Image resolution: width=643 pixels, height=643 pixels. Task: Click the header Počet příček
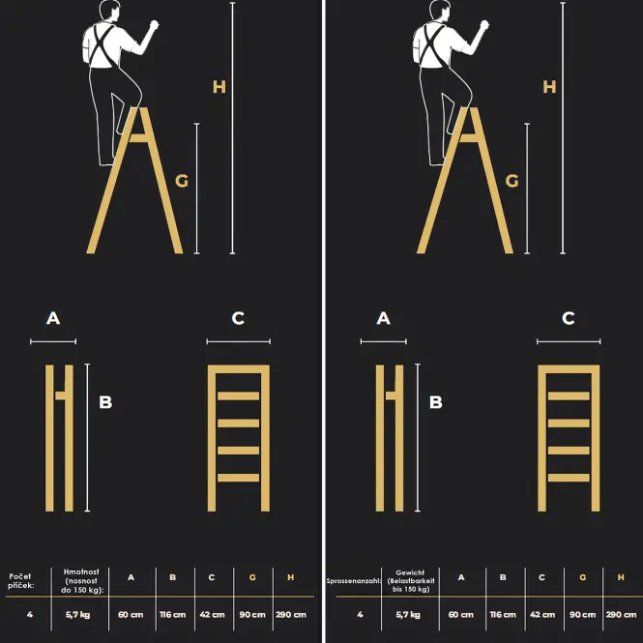[20, 581]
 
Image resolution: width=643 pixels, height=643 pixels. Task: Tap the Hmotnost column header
[81, 581]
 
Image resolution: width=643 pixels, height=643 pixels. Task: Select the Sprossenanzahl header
[354, 581]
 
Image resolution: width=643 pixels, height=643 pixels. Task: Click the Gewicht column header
[411, 581]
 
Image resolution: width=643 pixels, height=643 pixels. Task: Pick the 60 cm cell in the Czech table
[131, 615]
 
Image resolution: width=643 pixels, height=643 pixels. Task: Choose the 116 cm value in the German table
[503, 615]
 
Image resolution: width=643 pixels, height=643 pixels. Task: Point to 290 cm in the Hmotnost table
[291, 615]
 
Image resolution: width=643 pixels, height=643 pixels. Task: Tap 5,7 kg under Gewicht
[408, 615]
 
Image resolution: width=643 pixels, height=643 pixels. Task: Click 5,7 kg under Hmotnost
[77, 615]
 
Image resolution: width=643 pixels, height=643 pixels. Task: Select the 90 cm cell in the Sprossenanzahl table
[583, 615]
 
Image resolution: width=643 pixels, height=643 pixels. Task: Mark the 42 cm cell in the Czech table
[212, 615]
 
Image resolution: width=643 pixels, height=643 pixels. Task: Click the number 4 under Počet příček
[30, 615]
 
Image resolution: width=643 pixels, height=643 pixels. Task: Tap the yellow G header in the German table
[583, 577]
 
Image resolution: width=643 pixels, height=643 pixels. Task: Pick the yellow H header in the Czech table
[291, 577]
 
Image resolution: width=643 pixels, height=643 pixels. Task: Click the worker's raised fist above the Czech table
[154, 24]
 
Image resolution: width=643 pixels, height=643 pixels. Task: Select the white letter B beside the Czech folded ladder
[105, 402]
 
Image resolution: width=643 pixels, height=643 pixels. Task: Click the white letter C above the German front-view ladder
[568, 318]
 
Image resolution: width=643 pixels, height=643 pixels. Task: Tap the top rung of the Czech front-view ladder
[238, 396]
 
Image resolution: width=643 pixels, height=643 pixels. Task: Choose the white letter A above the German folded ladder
[384, 318]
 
